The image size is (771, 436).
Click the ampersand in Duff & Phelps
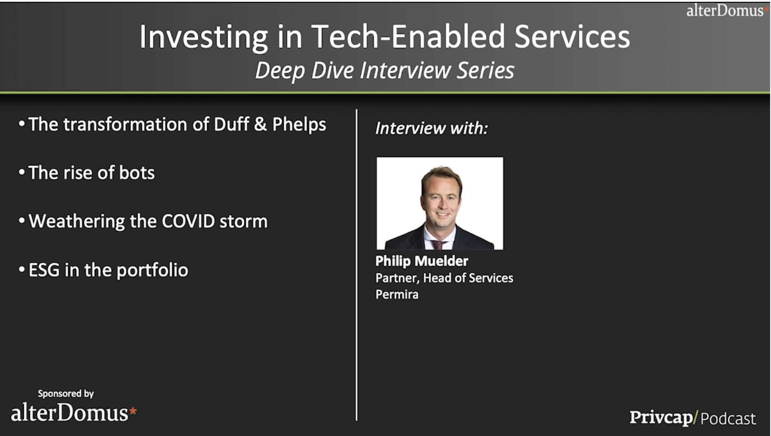(x=260, y=124)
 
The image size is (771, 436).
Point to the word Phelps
(x=299, y=124)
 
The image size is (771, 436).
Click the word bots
(x=136, y=172)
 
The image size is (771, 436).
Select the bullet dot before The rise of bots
(x=22, y=172)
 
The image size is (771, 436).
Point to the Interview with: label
(x=432, y=128)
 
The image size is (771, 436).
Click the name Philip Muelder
(x=421, y=261)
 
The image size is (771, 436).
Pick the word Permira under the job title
(x=397, y=295)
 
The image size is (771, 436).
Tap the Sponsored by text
(x=66, y=393)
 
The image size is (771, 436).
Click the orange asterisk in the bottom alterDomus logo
(x=133, y=411)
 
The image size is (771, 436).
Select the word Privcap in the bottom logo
(x=661, y=418)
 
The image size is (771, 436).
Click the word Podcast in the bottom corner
(x=728, y=418)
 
